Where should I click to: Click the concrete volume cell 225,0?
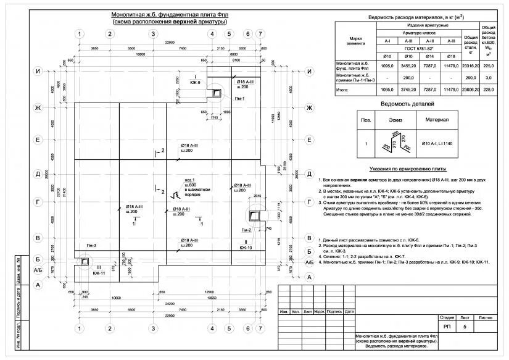point(489,64)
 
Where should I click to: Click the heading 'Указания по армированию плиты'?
point(407,168)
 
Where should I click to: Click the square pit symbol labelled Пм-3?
point(83,261)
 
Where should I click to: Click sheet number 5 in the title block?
point(464,325)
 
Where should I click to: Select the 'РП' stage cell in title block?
point(447,325)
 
